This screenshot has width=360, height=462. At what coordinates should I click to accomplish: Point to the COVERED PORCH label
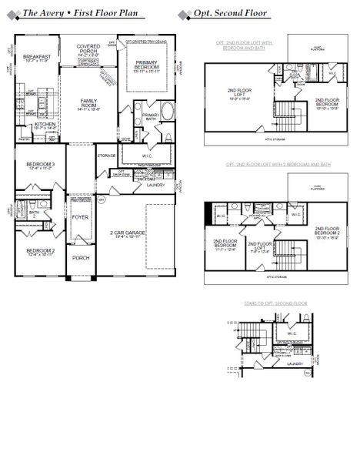88,50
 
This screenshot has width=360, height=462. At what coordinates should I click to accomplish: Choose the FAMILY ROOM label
87,104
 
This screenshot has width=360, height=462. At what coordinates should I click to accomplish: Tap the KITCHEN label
45,125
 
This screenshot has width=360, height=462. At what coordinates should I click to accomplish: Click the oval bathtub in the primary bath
167,109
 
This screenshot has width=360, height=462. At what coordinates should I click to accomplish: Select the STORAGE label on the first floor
106,156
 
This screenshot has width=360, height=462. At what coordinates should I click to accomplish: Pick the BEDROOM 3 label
39,166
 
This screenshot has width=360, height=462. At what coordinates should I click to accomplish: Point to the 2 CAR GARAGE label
128,233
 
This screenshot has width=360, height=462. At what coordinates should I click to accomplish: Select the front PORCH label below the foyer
80,258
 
